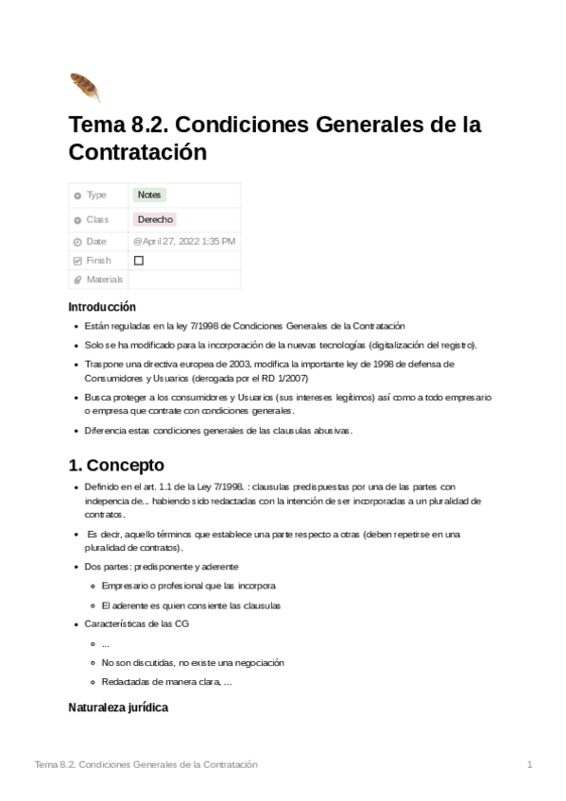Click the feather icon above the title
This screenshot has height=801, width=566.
[x=84, y=87]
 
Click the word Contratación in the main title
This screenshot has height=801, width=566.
[x=137, y=152]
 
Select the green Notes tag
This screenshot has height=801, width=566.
[x=149, y=196]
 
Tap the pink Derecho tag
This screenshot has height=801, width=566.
[x=155, y=219]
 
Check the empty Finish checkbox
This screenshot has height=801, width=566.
[x=139, y=261]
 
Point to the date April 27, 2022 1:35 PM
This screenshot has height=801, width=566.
[x=184, y=241]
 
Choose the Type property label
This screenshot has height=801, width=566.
[x=96, y=196]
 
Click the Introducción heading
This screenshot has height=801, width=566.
[x=102, y=307]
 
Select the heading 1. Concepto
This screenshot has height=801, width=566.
[x=116, y=465]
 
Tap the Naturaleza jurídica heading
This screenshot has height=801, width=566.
[x=118, y=707]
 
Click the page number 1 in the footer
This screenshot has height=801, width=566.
[x=530, y=764]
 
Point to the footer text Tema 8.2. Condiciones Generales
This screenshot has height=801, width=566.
[x=146, y=764]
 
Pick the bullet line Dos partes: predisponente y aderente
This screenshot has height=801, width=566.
[x=162, y=567]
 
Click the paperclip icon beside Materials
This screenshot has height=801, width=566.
[x=77, y=280]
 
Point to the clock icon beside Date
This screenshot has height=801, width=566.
[x=77, y=242]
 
